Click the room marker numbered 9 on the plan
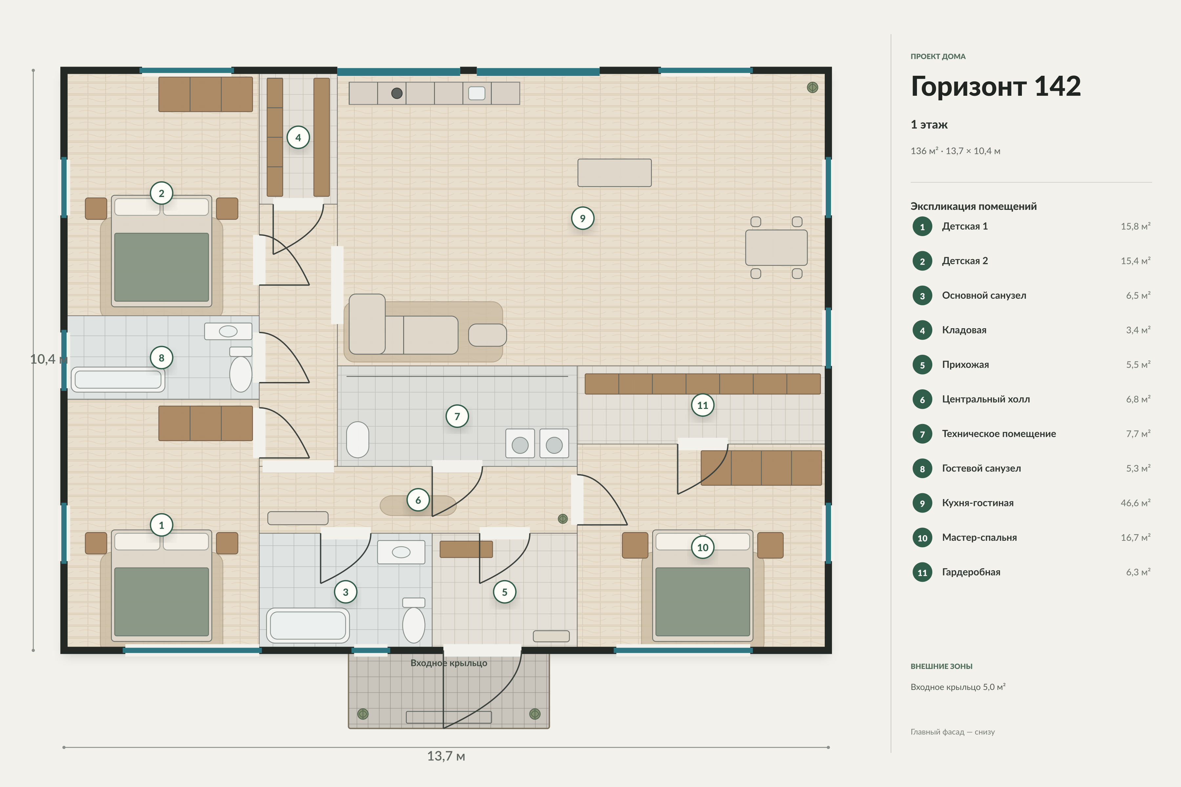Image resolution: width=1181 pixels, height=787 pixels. tap(583, 218)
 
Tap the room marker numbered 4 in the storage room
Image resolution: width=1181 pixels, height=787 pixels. tap(298, 137)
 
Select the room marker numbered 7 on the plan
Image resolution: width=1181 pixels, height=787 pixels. tap(457, 416)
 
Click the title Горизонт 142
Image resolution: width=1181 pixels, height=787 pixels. tap(996, 86)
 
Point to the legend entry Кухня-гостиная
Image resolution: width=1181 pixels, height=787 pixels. tap(978, 503)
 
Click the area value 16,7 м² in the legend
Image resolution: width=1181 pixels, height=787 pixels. tap(1135, 537)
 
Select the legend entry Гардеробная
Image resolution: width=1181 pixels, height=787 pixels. tap(971, 572)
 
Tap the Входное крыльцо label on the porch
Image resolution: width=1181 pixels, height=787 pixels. tap(449, 663)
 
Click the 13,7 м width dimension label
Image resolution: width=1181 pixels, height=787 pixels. tap(446, 756)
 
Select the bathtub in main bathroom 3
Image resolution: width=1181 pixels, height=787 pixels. tap(308, 625)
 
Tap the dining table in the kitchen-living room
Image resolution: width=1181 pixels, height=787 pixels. tap(776, 248)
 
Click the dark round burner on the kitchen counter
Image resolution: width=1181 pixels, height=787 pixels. tap(397, 93)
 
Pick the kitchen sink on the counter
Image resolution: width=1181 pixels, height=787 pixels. tap(477, 93)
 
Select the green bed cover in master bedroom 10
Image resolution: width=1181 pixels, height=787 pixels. tap(702, 602)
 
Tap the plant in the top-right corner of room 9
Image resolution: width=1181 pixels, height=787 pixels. tap(813, 87)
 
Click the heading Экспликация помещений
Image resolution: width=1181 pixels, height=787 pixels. tap(974, 206)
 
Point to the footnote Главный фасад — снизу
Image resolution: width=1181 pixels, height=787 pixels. tap(953, 732)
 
